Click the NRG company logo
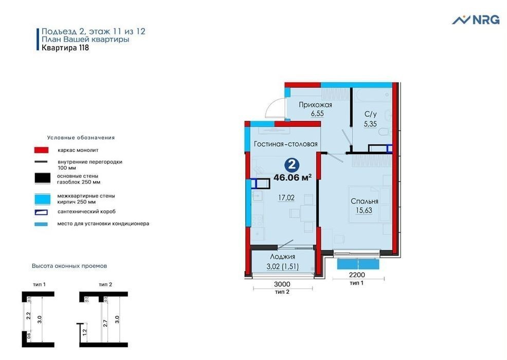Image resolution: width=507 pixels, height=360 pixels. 475,20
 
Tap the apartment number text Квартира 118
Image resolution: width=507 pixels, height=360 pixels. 65,47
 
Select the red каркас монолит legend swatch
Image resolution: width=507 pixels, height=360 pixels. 41,150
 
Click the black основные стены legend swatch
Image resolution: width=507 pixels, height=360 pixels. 42,178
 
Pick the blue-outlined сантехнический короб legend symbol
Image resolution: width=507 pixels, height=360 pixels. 41,212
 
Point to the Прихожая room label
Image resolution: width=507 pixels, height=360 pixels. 315,105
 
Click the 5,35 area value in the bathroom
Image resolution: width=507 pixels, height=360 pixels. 370,124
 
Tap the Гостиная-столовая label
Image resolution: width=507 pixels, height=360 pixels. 285,144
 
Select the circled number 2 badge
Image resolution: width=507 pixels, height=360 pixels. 292,165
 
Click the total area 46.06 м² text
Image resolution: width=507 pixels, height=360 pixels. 293,177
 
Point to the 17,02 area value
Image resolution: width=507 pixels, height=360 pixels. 286,197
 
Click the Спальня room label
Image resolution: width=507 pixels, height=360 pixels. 365,201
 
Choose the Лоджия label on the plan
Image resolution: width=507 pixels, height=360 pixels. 283,257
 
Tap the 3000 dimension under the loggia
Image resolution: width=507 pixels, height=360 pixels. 282,284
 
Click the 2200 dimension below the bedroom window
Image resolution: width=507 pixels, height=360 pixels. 357,275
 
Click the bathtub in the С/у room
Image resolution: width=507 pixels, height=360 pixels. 372,95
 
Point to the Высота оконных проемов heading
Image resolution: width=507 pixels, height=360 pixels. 69,266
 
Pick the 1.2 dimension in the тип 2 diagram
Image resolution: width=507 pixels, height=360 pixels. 85,332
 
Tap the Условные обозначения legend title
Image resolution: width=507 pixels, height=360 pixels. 81,138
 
